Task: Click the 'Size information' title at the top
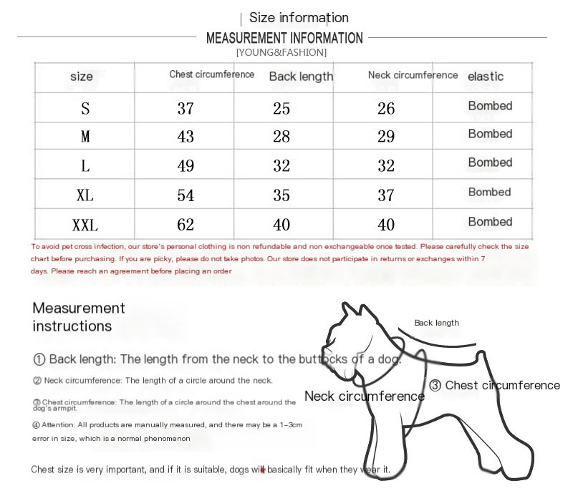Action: click(299, 18)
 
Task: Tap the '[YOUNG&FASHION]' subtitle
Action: click(281, 52)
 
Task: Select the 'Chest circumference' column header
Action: click(211, 74)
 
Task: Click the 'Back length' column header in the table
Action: click(301, 77)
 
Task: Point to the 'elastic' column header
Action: click(486, 77)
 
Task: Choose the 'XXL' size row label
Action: click(85, 225)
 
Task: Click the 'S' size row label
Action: click(85, 109)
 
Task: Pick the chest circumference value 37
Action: click(186, 109)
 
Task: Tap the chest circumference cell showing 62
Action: click(186, 225)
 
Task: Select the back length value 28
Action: click(281, 137)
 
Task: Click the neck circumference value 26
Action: click(386, 109)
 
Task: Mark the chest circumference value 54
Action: click(186, 195)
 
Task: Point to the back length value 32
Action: click(281, 166)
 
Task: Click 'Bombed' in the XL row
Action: click(489, 192)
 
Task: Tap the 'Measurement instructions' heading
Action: click(79, 317)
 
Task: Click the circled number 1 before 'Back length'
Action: click(39, 359)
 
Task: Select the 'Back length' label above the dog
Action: click(436, 323)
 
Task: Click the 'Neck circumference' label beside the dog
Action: click(364, 396)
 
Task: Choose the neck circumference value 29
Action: click(386, 137)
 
